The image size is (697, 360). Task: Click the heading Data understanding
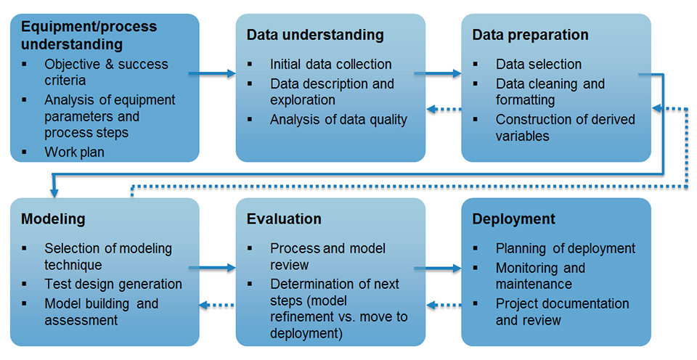315,35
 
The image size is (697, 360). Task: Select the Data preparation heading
530,35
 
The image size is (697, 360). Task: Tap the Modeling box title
53,219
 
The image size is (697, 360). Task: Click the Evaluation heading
284,219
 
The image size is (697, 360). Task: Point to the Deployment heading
514,219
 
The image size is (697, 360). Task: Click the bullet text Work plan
74,152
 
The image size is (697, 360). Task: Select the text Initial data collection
331,64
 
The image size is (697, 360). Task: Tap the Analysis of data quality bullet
339,120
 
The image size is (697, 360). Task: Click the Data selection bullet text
539,64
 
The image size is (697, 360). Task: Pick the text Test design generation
113,284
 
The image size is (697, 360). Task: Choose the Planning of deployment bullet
566,248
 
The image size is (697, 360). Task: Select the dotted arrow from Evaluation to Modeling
216,305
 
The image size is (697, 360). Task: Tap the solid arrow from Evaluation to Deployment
438,268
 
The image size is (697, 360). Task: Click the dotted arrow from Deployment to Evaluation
444,305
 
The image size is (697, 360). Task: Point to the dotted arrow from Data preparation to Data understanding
444,109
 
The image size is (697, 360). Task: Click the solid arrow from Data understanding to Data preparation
438,73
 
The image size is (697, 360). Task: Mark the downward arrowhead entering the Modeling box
54,192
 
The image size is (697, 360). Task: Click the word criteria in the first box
65,81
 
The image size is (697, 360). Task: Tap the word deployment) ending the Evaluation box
306,334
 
